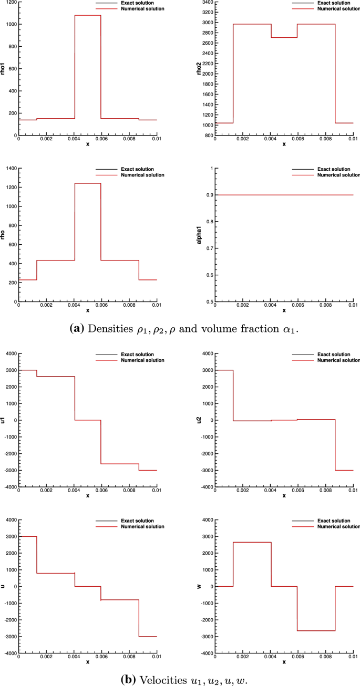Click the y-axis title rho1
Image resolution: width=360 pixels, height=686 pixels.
pos(3,69)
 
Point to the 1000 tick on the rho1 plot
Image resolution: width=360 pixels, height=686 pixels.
pos(10,24)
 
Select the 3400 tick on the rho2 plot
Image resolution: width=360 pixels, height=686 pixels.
pos(207,2)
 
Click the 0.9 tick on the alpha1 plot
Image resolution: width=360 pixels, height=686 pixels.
pos(211,195)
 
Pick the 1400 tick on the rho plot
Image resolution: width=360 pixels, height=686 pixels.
pos(10,168)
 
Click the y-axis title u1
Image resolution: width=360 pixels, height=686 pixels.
pos(3,420)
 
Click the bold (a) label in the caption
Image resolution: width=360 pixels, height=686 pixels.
pos(77,329)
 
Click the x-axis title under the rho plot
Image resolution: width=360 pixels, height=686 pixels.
pos(88,311)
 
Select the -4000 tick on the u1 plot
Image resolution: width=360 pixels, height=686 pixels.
pos(9,487)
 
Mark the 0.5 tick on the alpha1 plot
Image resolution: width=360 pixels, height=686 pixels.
pos(211,302)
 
